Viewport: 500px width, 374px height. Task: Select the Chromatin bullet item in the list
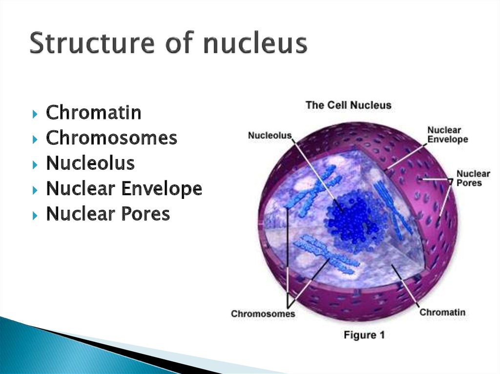pos(94,113)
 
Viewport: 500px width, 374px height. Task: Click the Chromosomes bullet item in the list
pos(111,138)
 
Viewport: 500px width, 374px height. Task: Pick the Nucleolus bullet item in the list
pos(90,163)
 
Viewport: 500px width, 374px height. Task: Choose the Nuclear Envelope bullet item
pos(124,189)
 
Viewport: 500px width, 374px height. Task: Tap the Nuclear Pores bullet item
pos(108,214)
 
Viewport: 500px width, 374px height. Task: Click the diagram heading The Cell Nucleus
pos(348,105)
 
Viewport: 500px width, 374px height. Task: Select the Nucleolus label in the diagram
pos(270,136)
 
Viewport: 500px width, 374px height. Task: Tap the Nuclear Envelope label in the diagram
pos(447,135)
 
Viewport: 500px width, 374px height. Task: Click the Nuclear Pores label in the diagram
pos(473,178)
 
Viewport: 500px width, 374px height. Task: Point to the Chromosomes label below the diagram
pos(263,314)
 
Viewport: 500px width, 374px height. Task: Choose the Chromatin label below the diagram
pos(442,312)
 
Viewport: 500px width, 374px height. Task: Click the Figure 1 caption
pos(367,335)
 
